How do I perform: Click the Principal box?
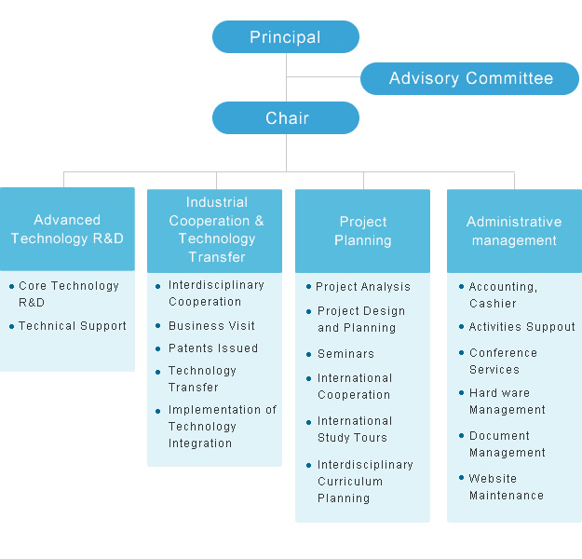tap(286, 36)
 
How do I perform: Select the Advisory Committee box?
tap(469, 78)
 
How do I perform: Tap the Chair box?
tap(286, 117)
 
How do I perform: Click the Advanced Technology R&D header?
tap(67, 229)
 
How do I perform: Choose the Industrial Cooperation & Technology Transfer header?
tap(214, 231)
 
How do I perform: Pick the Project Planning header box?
tap(362, 231)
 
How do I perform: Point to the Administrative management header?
tap(514, 231)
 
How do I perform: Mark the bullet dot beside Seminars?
tap(308, 355)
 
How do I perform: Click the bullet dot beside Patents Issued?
tap(157, 348)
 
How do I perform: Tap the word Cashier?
tap(493, 304)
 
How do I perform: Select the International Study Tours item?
tap(355, 429)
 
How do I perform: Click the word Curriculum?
tap(350, 482)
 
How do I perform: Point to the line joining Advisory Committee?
tap(323, 77)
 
